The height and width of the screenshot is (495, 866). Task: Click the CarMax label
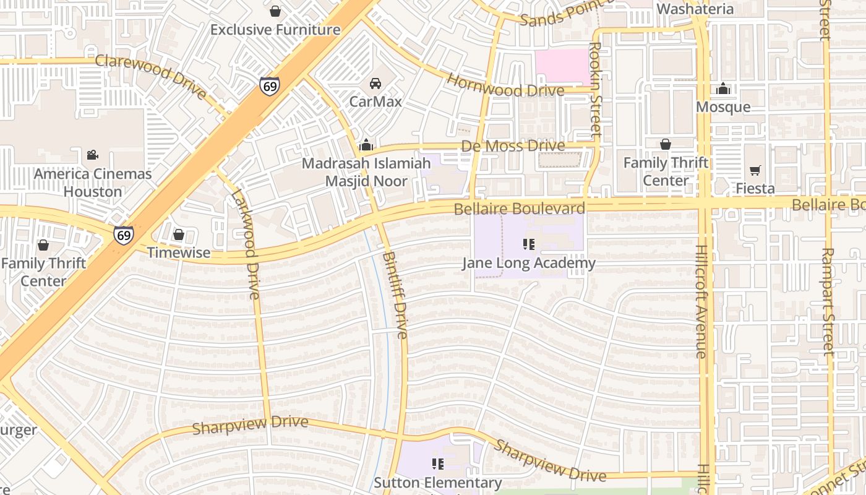pyautogui.click(x=375, y=101)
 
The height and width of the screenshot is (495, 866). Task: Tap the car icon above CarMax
pyautogui.click(x=375, y=84)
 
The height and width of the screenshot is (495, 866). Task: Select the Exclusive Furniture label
pyautogui.click(x=275, y=30)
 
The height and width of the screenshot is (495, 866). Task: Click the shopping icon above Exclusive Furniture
pyautogui.click(x=275, y=11)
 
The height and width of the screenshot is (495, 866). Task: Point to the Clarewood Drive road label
pyautogui.click(x=151, y=77)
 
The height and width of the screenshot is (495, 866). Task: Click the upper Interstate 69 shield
pyautogui.click(x=269, y=85)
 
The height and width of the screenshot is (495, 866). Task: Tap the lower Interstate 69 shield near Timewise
pyautogui.click(x=123, y=235)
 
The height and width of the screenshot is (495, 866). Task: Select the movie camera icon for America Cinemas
pyautogui.click(x=92, y=155)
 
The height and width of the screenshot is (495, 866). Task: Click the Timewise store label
pyautogui.click(x=179, y=253)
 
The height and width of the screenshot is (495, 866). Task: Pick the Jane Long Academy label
pyautogui.click(x=529, y=264)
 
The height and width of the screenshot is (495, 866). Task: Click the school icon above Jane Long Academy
pyautogui.click(x=529, y=244)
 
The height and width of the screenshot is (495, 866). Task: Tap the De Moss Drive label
pyautogui.click(x=513, y=146)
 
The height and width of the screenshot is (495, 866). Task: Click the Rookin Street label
pyautogui.click(x=596, y=89)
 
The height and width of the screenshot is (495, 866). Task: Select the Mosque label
pyautogui.click(x=723, y=107)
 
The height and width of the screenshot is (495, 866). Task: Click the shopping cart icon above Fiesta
pyautogui.click(x=755, y=170)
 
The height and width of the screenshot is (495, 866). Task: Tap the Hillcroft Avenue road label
pyautogui.click(x=701, y=301)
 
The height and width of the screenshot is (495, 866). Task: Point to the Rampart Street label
pyautogui.click(x=828, y=301)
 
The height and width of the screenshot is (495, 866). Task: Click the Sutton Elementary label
pyautogui.click(x=438, y=483)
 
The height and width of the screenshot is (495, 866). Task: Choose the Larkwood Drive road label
pyautogui.click(x=245, y=244)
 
